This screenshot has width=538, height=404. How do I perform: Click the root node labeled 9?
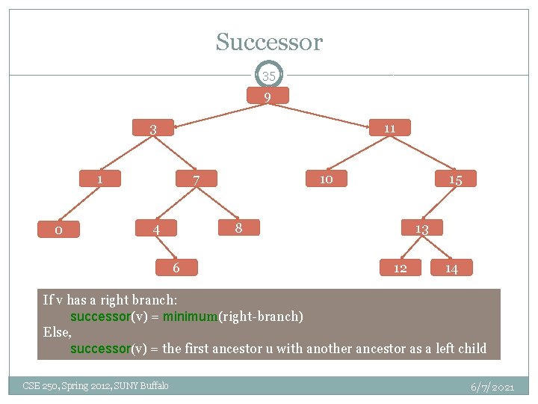pyautogui.click(x=267, y=97)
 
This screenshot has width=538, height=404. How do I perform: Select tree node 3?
pyautogui.click(x=152, y=129)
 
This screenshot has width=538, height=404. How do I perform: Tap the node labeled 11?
pyautogui.click(x=389, y=128)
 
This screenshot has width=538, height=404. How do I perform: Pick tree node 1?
pyautogui.click(x=99, y=180)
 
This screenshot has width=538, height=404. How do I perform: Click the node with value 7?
pyautogui.click(x=196, y=180)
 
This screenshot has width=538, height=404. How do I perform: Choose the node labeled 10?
pyautogui.click(x=326, y=179)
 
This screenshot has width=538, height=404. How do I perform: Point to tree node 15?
pyautogui.click(x=455, y=180)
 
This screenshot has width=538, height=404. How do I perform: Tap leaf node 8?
pyautogui.click(x=238, y=227)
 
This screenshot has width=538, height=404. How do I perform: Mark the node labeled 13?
pyautogui.click(x=421, y=229)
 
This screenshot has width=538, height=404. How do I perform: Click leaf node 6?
pyautogui.click(x=176, y=267)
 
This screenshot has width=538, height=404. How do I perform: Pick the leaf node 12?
pyautogui.click(x=401, y=268)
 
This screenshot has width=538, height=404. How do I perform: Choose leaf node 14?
pyautogui.click(x=451, y=268)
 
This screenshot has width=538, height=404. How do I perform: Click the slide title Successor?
pyautogui.click(x=269, y=42)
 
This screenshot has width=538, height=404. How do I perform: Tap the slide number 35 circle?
pyautogui.click(x=269, y=76)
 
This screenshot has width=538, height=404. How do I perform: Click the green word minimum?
pyautogui.click(x=190, y=316)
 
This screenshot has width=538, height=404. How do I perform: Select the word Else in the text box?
pyautogui.click(x=57, y=332)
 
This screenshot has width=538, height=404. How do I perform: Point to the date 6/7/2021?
pyautogui.click(x=492, y=387)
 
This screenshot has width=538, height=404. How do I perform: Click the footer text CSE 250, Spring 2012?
pyautogui.click(x=96, y=385)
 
